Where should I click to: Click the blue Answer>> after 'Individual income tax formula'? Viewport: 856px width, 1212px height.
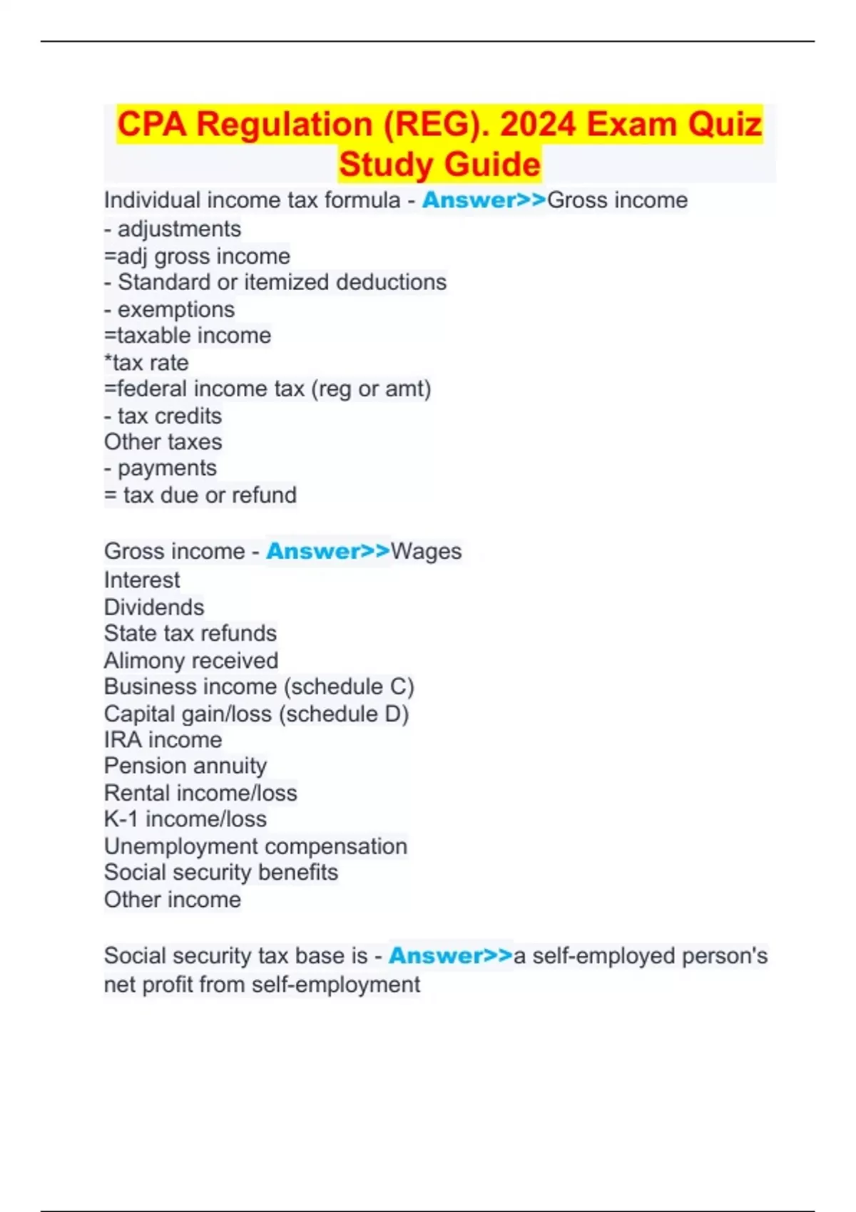tap(484, 200)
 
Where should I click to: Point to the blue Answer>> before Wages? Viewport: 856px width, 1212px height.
tap(328, 551)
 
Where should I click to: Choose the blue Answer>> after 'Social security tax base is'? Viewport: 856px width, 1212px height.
tap(450, 956)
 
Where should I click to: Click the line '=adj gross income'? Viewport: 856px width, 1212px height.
tap(197, 256)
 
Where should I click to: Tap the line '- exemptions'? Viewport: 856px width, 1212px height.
tap(169, 309)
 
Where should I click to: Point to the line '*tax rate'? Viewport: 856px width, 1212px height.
tap(146, 363)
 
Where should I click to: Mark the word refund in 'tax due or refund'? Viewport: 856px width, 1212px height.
tap(263, 495)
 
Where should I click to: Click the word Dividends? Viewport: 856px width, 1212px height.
tap(154, 607)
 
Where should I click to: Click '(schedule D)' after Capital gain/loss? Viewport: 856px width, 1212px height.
tap(344, 714)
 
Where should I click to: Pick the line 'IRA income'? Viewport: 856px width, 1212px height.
tap(163, 740)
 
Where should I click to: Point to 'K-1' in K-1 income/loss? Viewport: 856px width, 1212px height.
tap(121, 819)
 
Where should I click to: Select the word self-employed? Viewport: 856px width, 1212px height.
tap(604, 956)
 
